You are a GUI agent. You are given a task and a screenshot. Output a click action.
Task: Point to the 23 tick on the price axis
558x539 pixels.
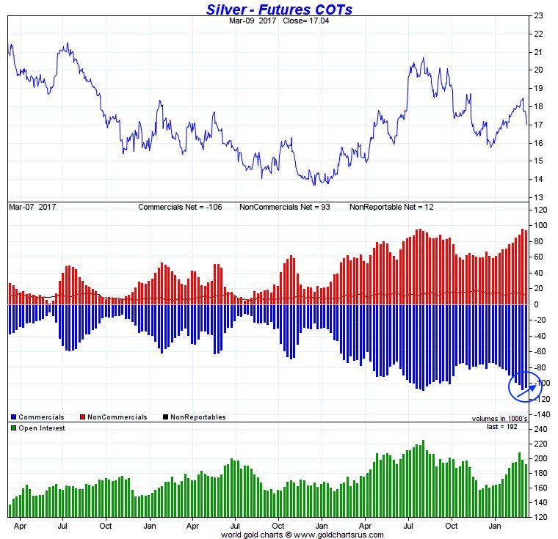(x=539, y=15)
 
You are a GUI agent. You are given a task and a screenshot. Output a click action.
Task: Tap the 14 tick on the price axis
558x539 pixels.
(x=539, y=179)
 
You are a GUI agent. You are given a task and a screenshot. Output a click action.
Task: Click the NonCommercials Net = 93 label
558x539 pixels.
(x=285, y=208)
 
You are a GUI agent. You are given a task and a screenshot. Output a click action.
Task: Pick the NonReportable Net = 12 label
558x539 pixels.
(x=391, y=208)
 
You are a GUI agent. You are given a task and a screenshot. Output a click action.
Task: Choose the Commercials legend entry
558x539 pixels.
(x=40, y=417)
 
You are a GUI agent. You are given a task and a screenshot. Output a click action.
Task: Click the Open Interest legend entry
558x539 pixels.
(x=40, y=428)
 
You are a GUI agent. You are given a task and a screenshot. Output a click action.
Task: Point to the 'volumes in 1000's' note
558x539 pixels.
(x=500, y=419)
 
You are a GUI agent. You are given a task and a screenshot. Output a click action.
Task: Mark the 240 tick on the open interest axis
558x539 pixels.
(x=541, y=428)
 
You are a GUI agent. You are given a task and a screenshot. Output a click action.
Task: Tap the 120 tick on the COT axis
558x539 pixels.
(x=542, y=210)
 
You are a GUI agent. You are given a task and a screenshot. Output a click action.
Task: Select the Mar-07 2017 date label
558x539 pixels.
(x=32, y=208)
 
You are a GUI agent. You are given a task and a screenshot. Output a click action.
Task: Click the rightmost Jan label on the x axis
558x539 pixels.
(x=496, y=526)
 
